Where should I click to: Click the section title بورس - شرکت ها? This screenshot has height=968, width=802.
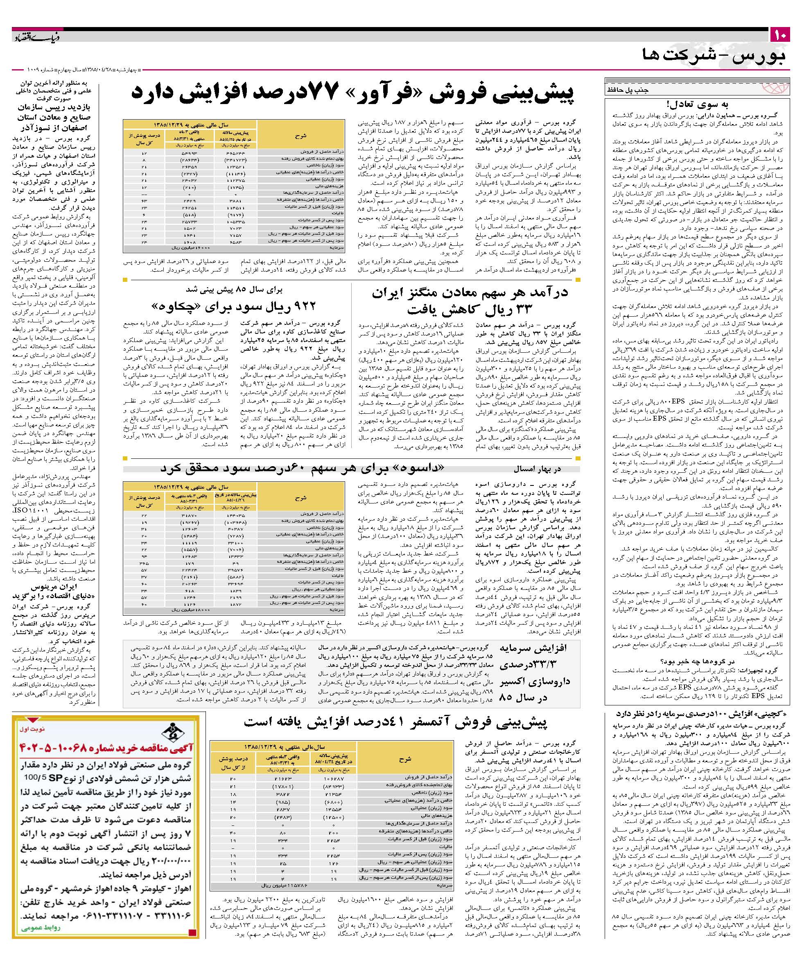[715, 56]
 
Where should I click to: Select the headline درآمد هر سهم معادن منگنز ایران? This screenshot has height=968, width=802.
[470, 293]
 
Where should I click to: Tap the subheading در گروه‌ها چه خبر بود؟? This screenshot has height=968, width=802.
[700, 661]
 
